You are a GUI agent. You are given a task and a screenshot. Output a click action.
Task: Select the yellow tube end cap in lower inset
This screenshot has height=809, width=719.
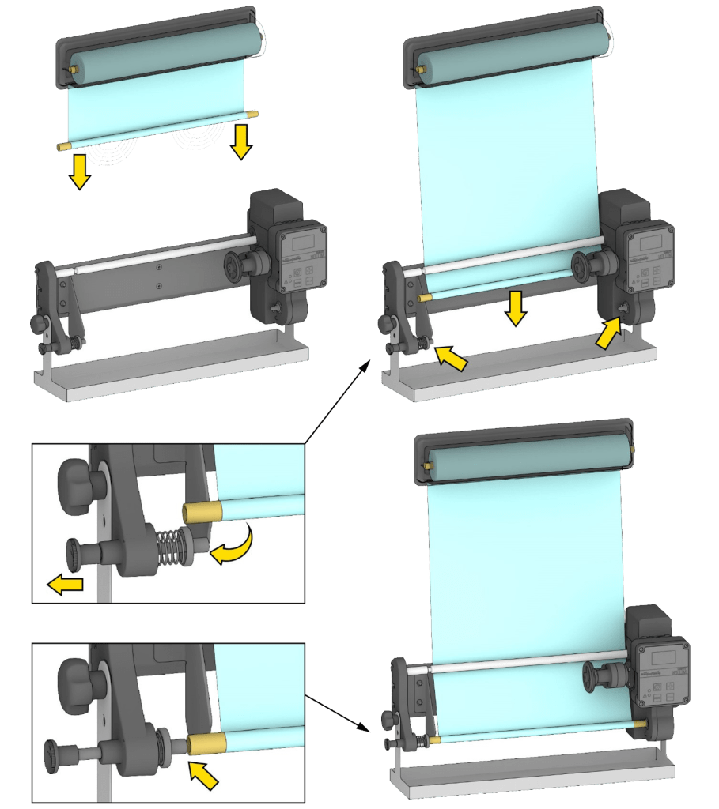[x=206, y=742]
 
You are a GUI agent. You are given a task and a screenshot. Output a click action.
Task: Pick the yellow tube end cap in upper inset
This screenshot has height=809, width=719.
[x=199, y=513]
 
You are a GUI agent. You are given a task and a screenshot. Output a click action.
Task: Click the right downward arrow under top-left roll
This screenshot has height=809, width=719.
[x=240, y=142]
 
